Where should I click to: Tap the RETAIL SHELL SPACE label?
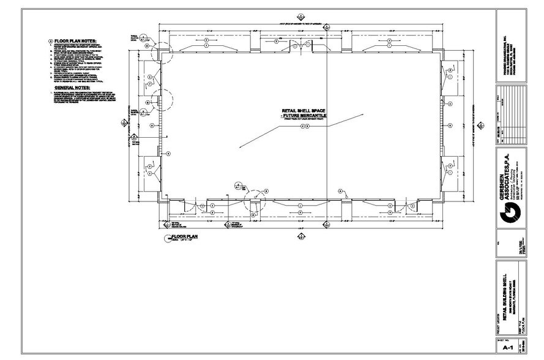[x=304, y=111]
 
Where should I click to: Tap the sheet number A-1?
[x=507, y=347]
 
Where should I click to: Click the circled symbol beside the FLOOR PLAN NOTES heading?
[x=50, y=41]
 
